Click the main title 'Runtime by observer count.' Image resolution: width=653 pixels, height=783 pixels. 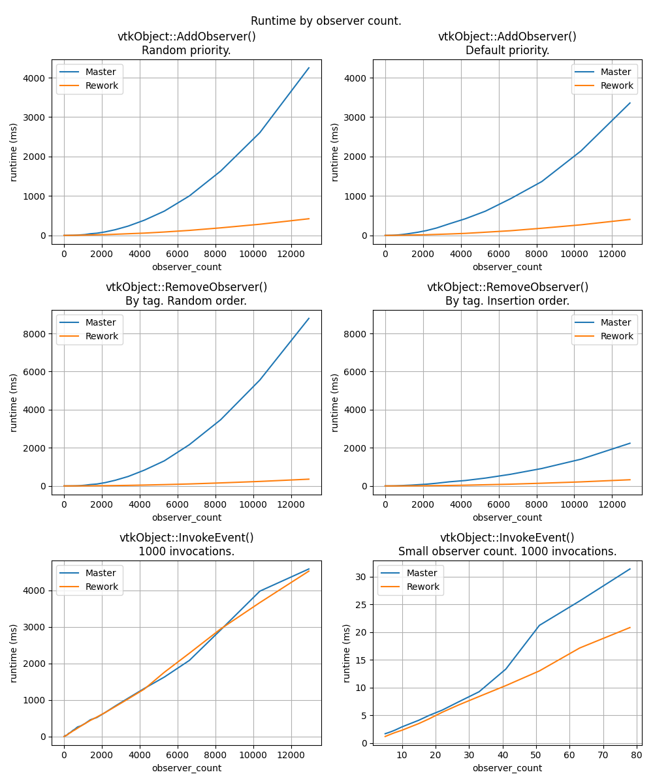(326, 21)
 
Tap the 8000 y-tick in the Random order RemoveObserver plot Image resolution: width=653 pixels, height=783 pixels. (34, 334)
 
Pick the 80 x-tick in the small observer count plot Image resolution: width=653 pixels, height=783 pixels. (636, 755)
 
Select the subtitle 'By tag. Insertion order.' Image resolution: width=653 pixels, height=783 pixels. (507, 301)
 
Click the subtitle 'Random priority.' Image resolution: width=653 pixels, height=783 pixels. (186, 50)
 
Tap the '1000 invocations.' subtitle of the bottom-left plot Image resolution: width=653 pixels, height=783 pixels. (186, 551)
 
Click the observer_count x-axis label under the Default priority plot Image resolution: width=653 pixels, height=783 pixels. (507, 267)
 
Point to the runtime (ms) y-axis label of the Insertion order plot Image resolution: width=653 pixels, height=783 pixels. (335, 403)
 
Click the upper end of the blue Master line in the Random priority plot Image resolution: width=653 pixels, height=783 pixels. (308, 68)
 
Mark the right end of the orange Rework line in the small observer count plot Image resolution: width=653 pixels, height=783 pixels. (630, 628)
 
